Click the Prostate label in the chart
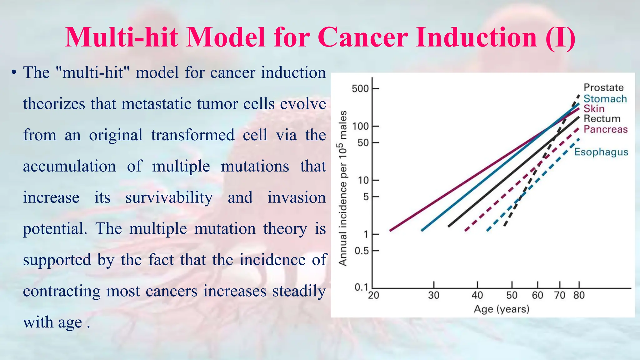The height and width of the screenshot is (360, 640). pos(603,87)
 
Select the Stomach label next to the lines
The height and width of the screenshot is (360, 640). pos(605,99)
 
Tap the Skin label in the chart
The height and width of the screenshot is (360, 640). pos(594,109)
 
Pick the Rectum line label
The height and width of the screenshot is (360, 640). pos(602,119)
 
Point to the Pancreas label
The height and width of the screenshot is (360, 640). pos(605,129)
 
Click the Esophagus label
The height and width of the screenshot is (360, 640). pos(601,152)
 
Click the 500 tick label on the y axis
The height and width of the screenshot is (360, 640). pos(360,89)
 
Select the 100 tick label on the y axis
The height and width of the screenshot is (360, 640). pos(361,127)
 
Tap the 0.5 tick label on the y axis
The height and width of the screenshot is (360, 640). pos(362,251)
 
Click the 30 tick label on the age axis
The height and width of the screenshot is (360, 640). pos(433,295)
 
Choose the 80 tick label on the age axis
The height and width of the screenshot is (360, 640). pos(579,295)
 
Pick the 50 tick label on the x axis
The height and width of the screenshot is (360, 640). pos(512,295)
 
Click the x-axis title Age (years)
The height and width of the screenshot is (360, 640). pos(501,309)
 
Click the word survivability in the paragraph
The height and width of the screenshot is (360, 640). pos(169,197)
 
